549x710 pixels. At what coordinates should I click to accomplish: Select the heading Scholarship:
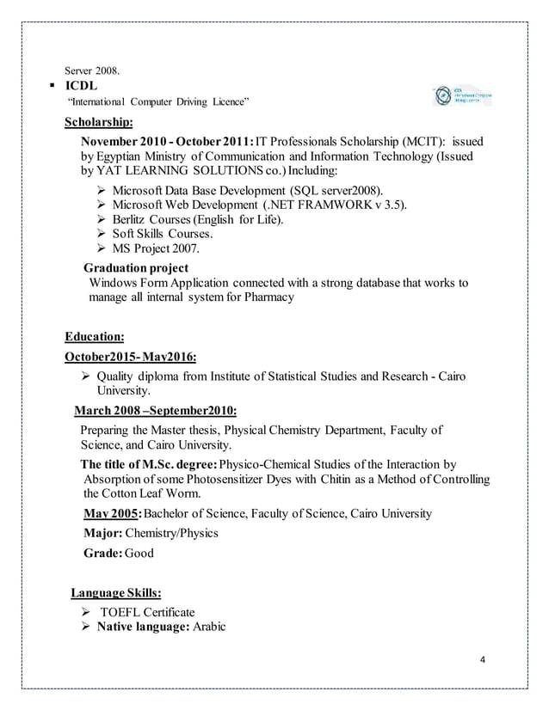pyautogui.click(x=99, y=122)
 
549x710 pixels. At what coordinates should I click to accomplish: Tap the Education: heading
pyautogui.click(x=95, y=337)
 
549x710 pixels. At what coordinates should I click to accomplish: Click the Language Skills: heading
pyautogui.click(x=115, y=593)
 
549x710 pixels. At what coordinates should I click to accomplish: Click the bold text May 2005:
pyautogui.click(x=110, y=513)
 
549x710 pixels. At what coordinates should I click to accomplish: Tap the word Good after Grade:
pyautogui.click(x=139, y=553)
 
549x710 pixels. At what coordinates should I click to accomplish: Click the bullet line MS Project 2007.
pyautogui.click(x=156, y=249)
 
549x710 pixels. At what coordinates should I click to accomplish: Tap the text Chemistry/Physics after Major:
pyautogui.click(x=172, y=533)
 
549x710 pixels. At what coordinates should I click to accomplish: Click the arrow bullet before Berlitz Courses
pyautogui.click(x=96, y=219)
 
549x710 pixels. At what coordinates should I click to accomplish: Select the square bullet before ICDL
pyautogui.click(x=55, y=87)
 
